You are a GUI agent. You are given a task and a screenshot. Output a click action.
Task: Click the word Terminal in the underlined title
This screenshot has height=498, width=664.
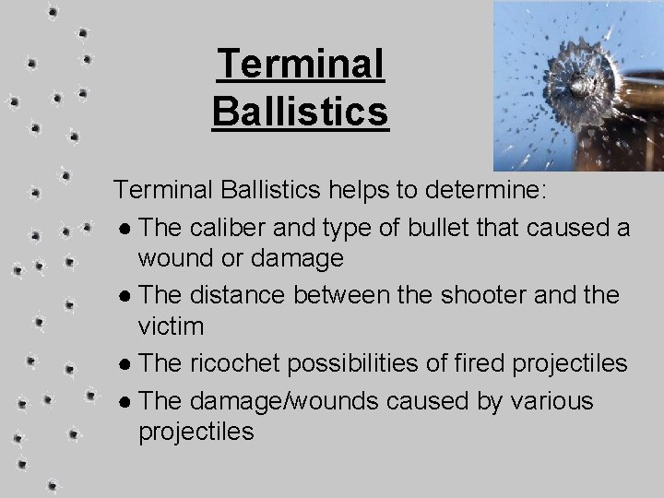[300, 65]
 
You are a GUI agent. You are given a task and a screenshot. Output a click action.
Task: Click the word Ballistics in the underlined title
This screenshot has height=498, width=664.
[300, 113]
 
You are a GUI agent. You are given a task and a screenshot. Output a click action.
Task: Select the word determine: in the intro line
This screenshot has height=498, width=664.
[487, 190]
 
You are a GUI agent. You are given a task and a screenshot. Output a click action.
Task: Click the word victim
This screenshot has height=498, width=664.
[172, 326]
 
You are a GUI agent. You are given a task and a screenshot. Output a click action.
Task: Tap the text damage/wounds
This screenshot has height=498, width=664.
[278, 401]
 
